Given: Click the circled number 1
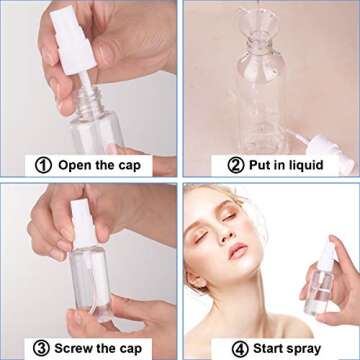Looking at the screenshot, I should point(43,165).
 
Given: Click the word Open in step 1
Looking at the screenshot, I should point(79,165).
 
